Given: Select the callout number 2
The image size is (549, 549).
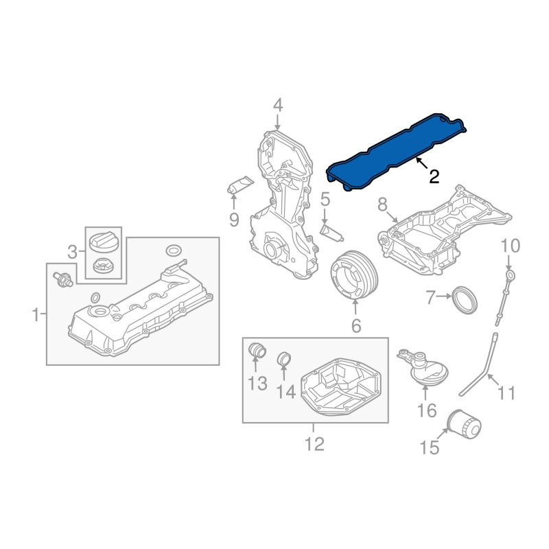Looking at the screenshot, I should [x=434, y=176].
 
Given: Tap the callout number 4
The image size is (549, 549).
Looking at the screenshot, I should [x=277, y=105].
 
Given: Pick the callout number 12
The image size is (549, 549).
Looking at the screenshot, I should [x=314, y=444].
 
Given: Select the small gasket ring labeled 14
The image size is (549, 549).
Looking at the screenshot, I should [x=283, y=358].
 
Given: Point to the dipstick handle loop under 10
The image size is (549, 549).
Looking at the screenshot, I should [x=509, y=276].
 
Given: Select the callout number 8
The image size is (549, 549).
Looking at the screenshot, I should [x=382, y=204].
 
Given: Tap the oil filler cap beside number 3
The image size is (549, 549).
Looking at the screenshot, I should [x=102, y=243].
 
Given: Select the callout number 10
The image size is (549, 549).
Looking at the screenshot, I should [x=510, y=245].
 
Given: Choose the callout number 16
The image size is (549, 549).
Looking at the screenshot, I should [x=426, y=410].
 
